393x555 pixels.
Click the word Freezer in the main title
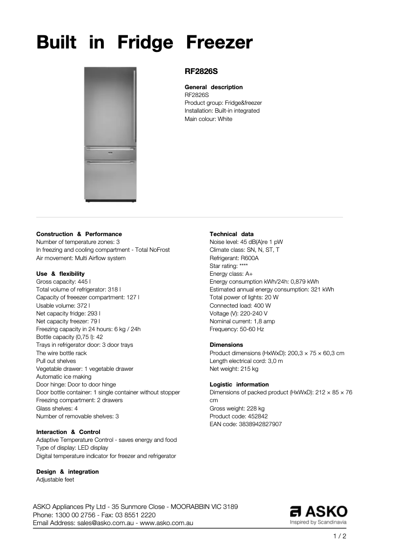pyautogui.click(x=219, y=43)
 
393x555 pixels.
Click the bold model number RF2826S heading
pyautogui.click(x=201, y=71)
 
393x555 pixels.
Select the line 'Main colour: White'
pyautogui.click(x=208, y=119)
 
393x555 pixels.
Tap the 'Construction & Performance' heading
pyautogui.click(x=79, y=234)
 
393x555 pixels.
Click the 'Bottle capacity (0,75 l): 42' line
pyautogui.click(x=70, y=337)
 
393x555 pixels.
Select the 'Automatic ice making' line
pyautogui.click(x=64, y=377)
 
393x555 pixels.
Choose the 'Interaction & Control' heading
pyautogui.click(x=68, y=432)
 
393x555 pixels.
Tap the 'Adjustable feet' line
pyautogui.click(x=55, y=480)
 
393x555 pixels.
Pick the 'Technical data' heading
pyautogui.click(x=232, y=234)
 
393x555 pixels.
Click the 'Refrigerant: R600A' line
pyautogui.click(x=234, y=258)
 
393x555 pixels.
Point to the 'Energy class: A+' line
pyautogui.click(x=231, y=274)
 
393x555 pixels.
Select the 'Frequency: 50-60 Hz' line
pyautogui.click(x=237, y=329)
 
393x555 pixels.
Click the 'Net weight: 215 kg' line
pyautogui.click(x=234, y=369)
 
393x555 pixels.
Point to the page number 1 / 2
pyautogui.click(x=339, y=536)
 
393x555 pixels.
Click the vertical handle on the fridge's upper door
pyautogui.click(x=134, y=105)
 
